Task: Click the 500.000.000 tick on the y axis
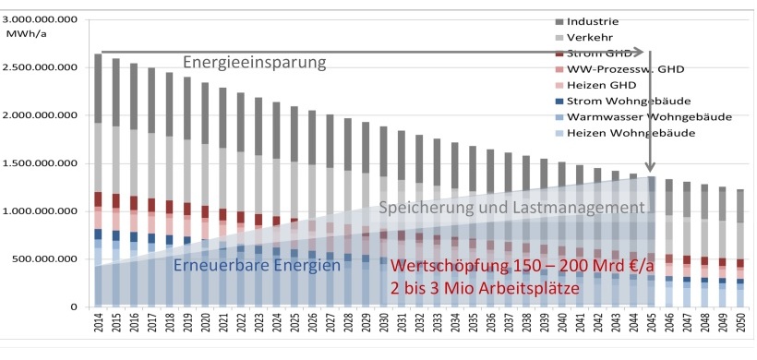52,259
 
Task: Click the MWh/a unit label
30,31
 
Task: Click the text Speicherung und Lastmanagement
510,209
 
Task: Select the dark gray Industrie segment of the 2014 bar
99,89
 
